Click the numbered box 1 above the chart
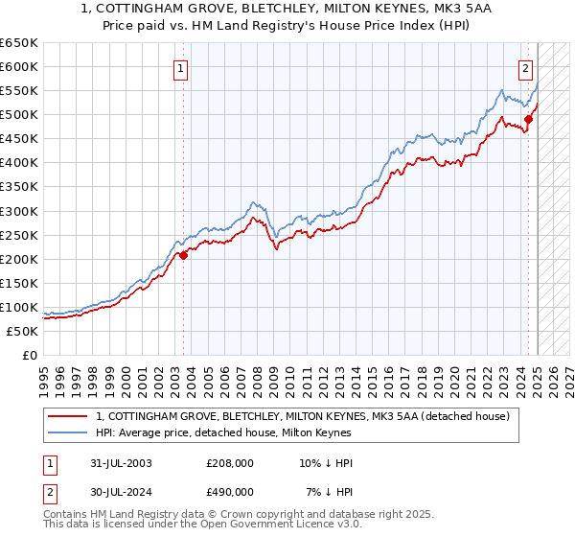point(181,68)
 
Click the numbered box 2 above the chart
point(526,68)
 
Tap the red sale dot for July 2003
point(183,255)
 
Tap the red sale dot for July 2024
point(528,119)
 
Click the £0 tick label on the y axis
point(30,356)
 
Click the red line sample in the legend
point(68,416)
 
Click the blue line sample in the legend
point(68,433)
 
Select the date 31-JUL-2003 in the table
point(120,464)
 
